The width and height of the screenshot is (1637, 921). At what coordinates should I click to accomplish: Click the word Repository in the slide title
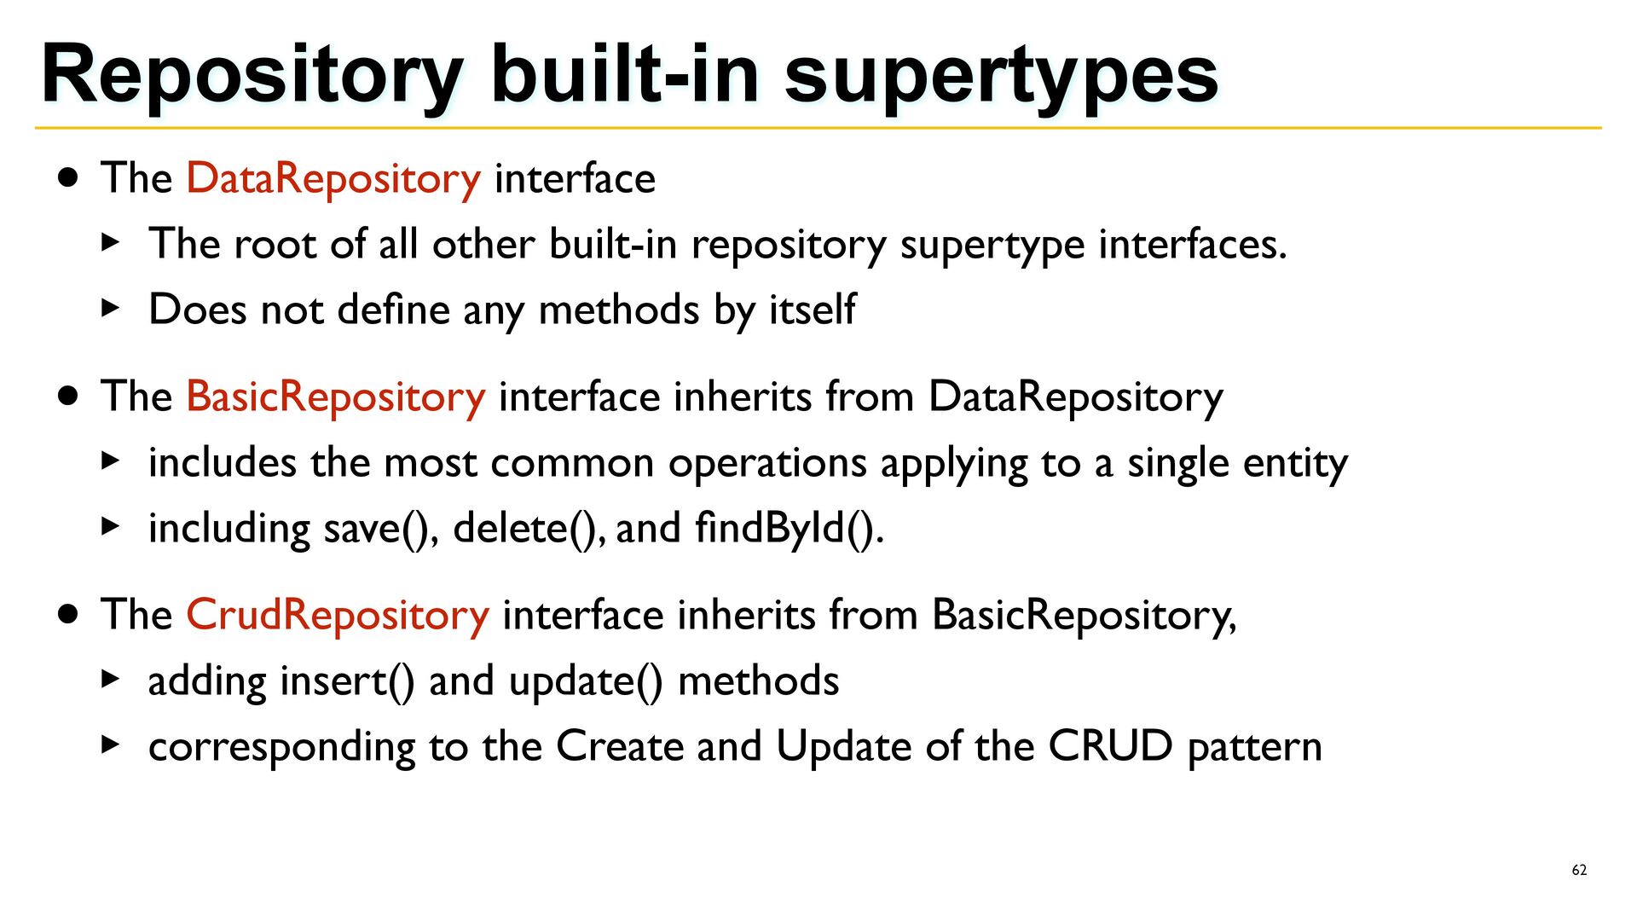click(x=252, y=76)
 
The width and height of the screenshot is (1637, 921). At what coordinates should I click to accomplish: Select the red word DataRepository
click(x=333, y=179)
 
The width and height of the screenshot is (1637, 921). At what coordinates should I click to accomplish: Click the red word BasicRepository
click(x=336, y=397)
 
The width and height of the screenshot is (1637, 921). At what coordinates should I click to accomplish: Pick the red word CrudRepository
click(x=338, y=616)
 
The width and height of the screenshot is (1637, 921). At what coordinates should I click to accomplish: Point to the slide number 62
click(x=1579, y=870)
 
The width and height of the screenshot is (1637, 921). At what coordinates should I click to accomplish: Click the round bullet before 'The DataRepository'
click(x=68, y=178)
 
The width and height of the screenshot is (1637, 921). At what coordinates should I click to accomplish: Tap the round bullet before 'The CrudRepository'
click(x=68, y=615)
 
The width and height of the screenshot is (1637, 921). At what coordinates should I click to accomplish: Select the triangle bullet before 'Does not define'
click(x=110, y=309)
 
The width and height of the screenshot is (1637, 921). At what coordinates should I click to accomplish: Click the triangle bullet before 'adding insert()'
click(x=110, y=680)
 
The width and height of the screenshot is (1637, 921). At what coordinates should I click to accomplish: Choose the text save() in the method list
click(x=381, y=529)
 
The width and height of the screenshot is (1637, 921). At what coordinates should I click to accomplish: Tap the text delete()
click(x=530, y=529)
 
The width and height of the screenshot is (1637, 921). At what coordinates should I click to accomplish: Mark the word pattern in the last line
click(x=1255, y=748)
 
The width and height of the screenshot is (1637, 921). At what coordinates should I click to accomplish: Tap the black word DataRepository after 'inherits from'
click(x=1076, y=397)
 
